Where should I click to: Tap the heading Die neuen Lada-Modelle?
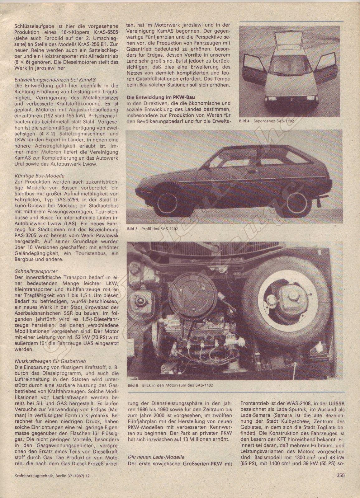click(x=156, y=457)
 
